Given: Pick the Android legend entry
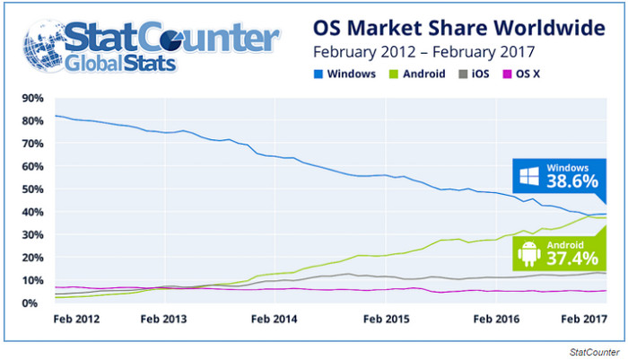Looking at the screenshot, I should [x=421, y=75].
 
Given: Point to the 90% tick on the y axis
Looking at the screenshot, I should [x=31, y=98].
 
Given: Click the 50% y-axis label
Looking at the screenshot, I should [x=31, y=189].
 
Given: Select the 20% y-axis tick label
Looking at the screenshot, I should [x=31, y=258].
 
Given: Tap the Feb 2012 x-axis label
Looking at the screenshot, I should [x=75, y=319].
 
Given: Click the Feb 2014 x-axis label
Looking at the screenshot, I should [x=273, y=319].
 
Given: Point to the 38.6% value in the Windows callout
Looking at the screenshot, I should [x=571, y=181].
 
